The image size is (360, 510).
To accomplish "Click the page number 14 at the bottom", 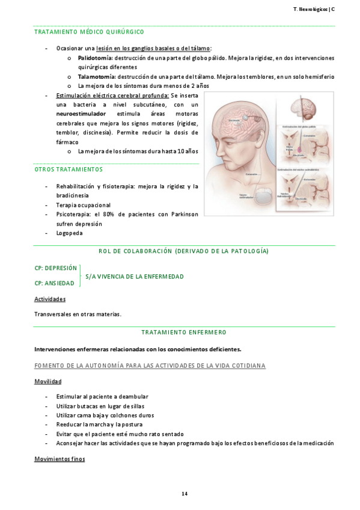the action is click(185, 494).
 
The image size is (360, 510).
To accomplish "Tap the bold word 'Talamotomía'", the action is click(97, 77).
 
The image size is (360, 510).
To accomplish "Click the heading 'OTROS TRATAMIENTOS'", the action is click(69, 170).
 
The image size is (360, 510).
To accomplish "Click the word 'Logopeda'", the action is click(69, 233).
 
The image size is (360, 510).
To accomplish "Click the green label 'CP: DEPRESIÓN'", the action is click(56, 268).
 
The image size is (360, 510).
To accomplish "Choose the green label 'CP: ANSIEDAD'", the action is click(55, 283).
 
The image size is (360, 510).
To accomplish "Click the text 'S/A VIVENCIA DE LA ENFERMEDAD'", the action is click(135, 276).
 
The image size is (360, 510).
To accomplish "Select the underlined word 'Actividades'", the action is click(50, 299).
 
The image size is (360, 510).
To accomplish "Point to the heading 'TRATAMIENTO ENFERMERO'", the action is click(184, 331).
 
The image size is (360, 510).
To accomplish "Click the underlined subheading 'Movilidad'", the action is click(47, 381).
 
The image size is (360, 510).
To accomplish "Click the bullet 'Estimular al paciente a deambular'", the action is click(102, 396).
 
